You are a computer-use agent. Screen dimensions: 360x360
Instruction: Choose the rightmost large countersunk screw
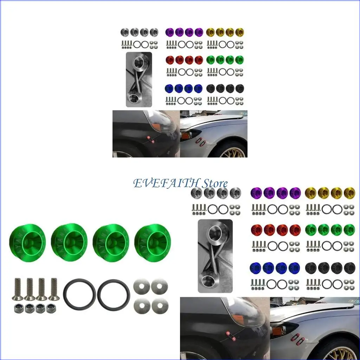(x=54, y=289)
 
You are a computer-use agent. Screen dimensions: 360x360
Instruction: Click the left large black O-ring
(x=79, y=295)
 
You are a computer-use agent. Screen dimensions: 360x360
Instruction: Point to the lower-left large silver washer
(x=142, y=305)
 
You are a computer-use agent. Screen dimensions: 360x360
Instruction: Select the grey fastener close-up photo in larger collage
(x=215, y=256)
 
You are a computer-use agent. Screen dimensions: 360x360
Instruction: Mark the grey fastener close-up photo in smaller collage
(x=139, y=79)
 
